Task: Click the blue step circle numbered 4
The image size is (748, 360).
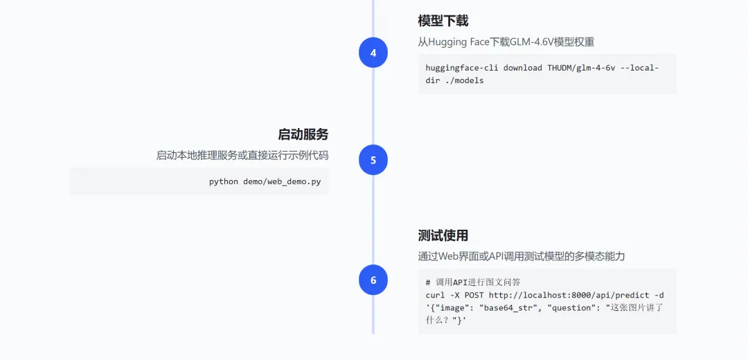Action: [373, 53]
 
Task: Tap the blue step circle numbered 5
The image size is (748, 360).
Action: [373, 160]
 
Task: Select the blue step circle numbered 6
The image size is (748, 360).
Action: [373, 280]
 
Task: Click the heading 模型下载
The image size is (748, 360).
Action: [443, 21]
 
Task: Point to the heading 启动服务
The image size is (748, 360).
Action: [303, 134]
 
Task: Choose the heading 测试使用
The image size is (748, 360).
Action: [443, 235]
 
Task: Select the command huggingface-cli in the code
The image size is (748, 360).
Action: [462, 68]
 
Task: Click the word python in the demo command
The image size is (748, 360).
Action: [224, 181]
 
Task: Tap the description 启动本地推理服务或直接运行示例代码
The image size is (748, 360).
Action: [242, 156]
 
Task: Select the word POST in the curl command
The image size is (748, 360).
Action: [474, 295]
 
